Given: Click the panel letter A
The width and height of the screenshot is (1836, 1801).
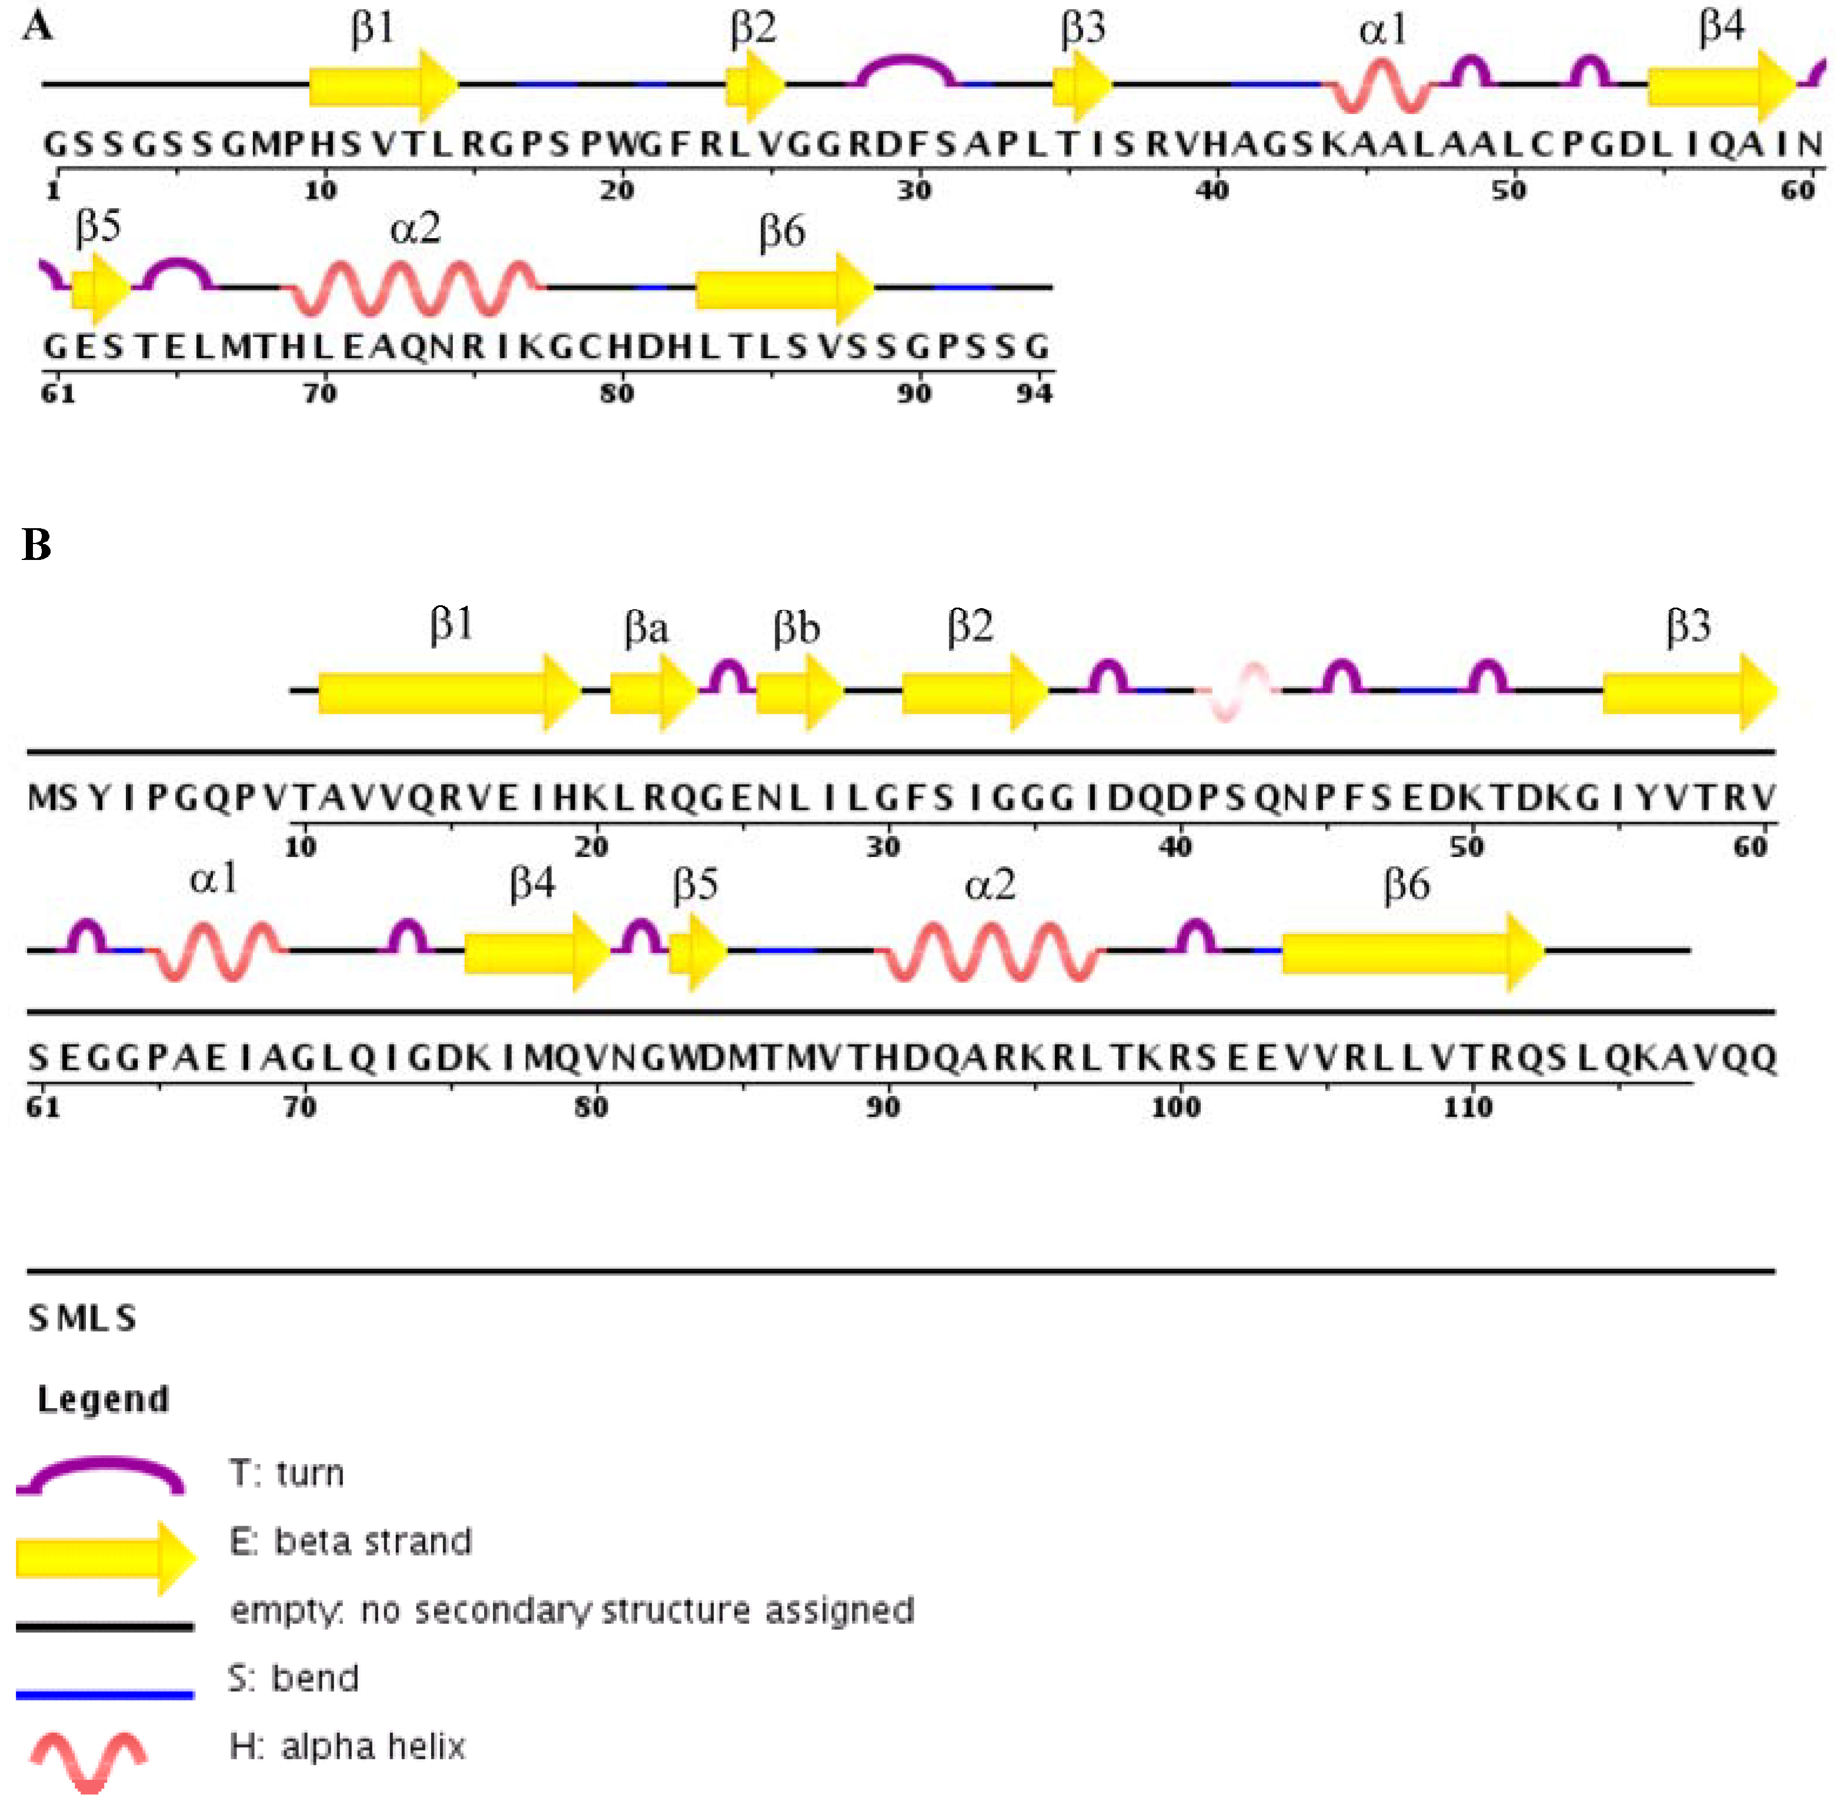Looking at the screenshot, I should click(37, 26).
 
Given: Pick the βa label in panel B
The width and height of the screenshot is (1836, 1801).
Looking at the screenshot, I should click(646, 627).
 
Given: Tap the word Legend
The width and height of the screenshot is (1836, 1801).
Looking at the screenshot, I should click(103, 1399).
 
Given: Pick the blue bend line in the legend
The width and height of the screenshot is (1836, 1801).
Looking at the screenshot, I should click(105, 1694).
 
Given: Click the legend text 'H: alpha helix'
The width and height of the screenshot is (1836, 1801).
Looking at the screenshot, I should click(347, 1747).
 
